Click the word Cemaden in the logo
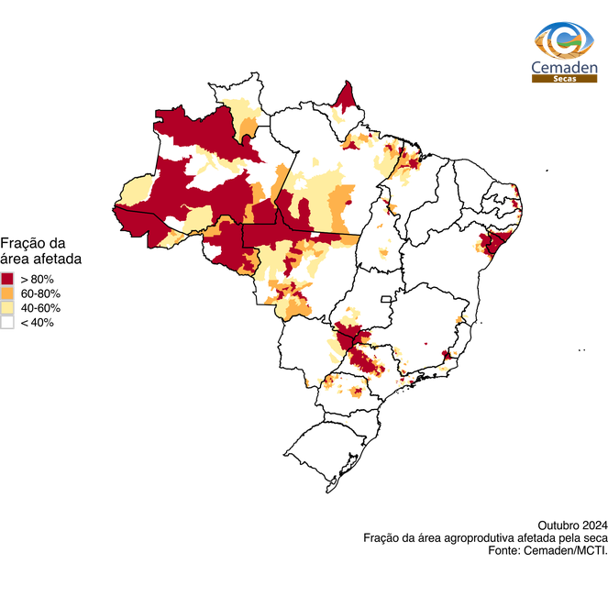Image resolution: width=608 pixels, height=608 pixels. (x=564, y=66)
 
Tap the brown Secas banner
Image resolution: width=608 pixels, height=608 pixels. (x=564, y=80)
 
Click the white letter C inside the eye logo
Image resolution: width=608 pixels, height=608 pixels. (x=566, y=39)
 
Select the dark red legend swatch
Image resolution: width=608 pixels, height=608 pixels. (x=7, y=278)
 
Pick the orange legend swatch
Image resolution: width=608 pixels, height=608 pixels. (x=7, y=293)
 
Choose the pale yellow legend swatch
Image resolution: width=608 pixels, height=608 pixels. (x=7, y=307)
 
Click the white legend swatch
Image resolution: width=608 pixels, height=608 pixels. (x=7, y=322)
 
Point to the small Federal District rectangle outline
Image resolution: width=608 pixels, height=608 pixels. (x=388, y=299)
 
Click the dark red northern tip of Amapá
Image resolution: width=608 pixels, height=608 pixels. (x=347, y=94)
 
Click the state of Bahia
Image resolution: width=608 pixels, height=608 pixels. (x=440, y=266)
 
